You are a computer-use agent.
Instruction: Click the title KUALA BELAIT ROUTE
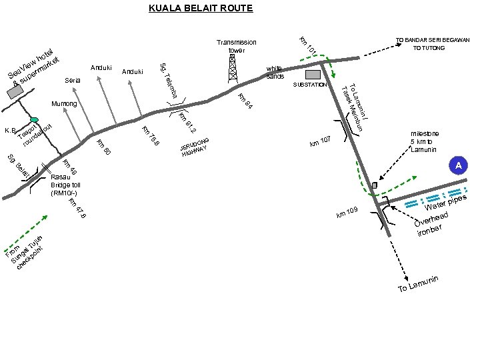tap(200, 9)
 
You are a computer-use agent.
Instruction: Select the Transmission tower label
tap(237, 46)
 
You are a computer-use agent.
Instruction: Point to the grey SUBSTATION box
tap(313, 75)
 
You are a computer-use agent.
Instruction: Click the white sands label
tap(275, 72)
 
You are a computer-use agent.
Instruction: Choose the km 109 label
tap(348, 213)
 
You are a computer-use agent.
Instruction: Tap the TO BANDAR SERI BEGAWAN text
tap(433, 39)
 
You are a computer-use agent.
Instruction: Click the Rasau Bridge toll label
tap(65, 185)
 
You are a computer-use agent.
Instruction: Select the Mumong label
tap(64, 105)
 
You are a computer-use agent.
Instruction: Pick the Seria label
tap(73, 80)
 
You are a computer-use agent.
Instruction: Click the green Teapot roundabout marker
tap(35, 120)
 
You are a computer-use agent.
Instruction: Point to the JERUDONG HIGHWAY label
tap(194, 148)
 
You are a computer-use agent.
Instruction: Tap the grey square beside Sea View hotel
tap(13, 93)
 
